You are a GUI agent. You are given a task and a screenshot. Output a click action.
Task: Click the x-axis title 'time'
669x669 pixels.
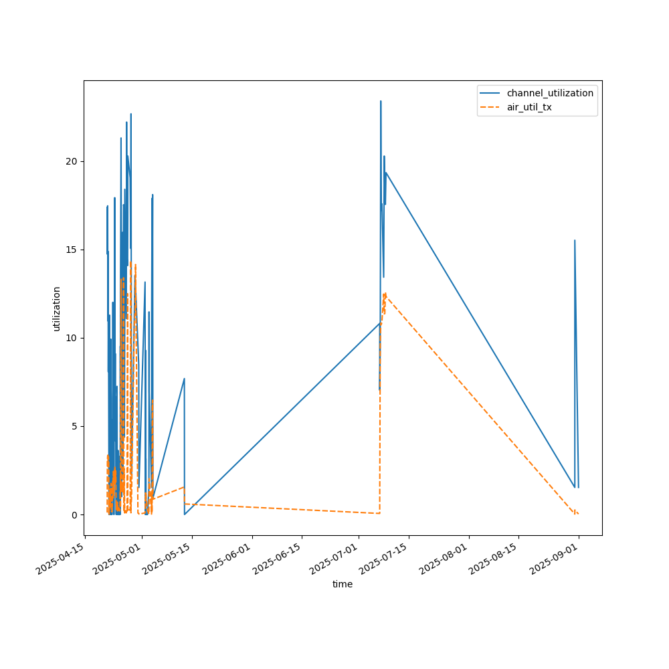(343, 584)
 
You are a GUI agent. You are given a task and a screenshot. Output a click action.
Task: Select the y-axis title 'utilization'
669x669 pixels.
(57, 308)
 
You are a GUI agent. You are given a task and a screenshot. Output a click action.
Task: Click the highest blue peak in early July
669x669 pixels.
(381, 101)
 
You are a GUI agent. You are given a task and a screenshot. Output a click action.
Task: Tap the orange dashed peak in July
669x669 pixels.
(385, 293)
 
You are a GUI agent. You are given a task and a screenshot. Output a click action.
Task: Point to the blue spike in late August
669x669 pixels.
(575, 240)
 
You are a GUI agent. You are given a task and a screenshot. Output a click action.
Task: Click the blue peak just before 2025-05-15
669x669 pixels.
(184, 379)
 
